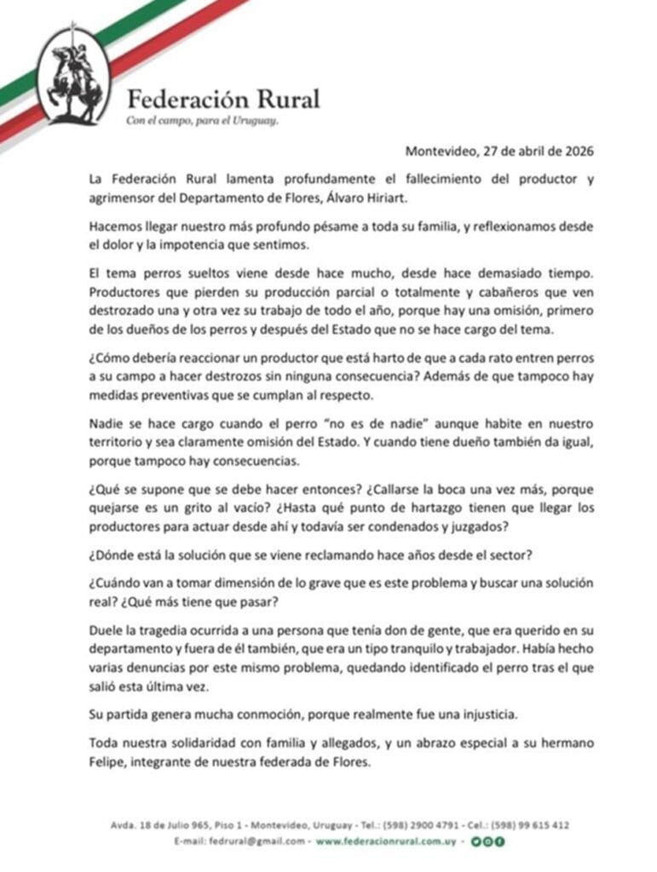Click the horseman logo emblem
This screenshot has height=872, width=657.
click(x=73, y=75)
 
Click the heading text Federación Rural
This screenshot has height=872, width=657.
click(x=223, y=99)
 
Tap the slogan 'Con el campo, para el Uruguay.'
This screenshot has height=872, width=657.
click(x=203, y=121)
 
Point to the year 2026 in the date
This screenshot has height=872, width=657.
click(x=576, y=152)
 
